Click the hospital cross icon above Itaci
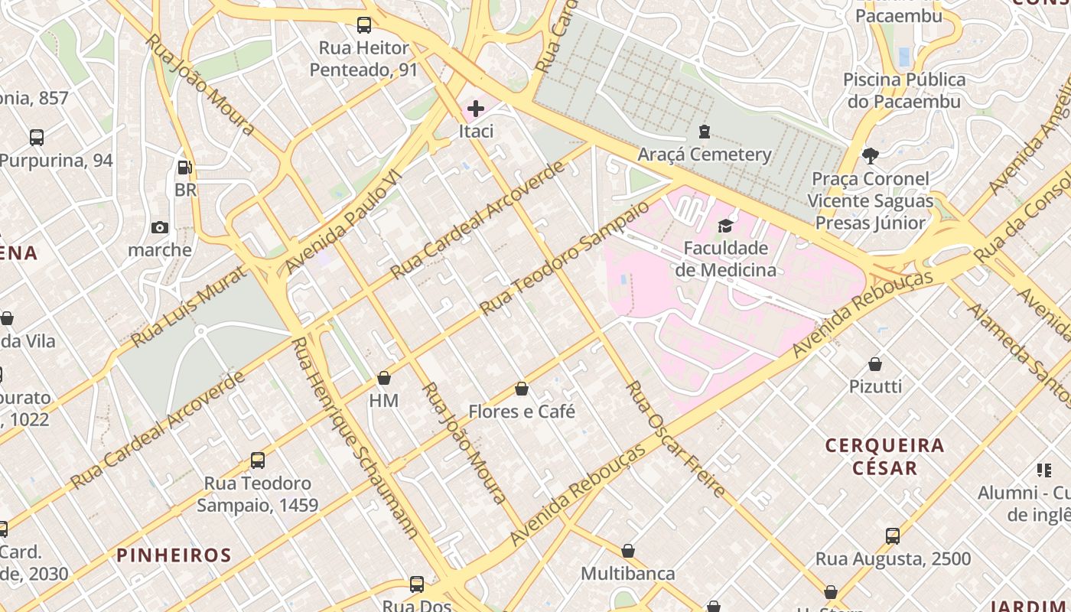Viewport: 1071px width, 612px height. click(x=475, y=109)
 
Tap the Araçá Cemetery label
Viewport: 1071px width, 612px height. click(x=705, y=155)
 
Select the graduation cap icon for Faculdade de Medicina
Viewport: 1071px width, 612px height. click(x=725, y=226)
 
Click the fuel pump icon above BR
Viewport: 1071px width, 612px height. click(x=184, y=167)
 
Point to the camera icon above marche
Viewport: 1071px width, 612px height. click(x=160, y=227)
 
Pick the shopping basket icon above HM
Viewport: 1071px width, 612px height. click(x=384, y=378)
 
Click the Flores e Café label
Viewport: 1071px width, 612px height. click(x=522, y=412)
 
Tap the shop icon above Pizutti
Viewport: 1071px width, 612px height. click(x=875, y=364)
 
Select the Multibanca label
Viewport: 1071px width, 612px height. click(x=627, y=574)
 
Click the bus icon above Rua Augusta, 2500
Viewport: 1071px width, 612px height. click(x=892, y=535)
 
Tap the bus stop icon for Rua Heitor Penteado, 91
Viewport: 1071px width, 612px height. click(x=364, y=25)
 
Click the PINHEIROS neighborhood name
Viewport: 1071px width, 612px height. click(x=174, y=555)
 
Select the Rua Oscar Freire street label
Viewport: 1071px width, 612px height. click(x=675, y=439)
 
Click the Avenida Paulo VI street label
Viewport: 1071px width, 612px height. click(x=343, y=222)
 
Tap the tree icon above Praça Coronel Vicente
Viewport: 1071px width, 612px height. click(x=870, y=156)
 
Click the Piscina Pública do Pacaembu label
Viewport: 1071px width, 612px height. click(x=904, y=90)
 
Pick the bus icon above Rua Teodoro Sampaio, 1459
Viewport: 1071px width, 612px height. click(x=258, y=461)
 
